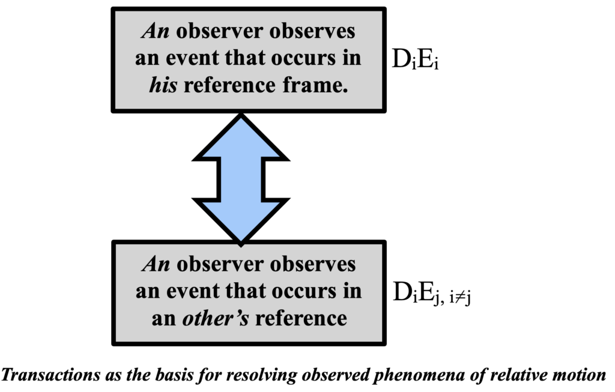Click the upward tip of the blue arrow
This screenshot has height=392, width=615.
pyautogui.click(x=240, y=118)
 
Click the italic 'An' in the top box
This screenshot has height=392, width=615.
pyautogui.click(x=154, y=32)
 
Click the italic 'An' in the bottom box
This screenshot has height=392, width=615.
pyautogui.click(x=154, y=264)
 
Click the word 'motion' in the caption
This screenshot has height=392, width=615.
pyautogui.click(x=579, y=376)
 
